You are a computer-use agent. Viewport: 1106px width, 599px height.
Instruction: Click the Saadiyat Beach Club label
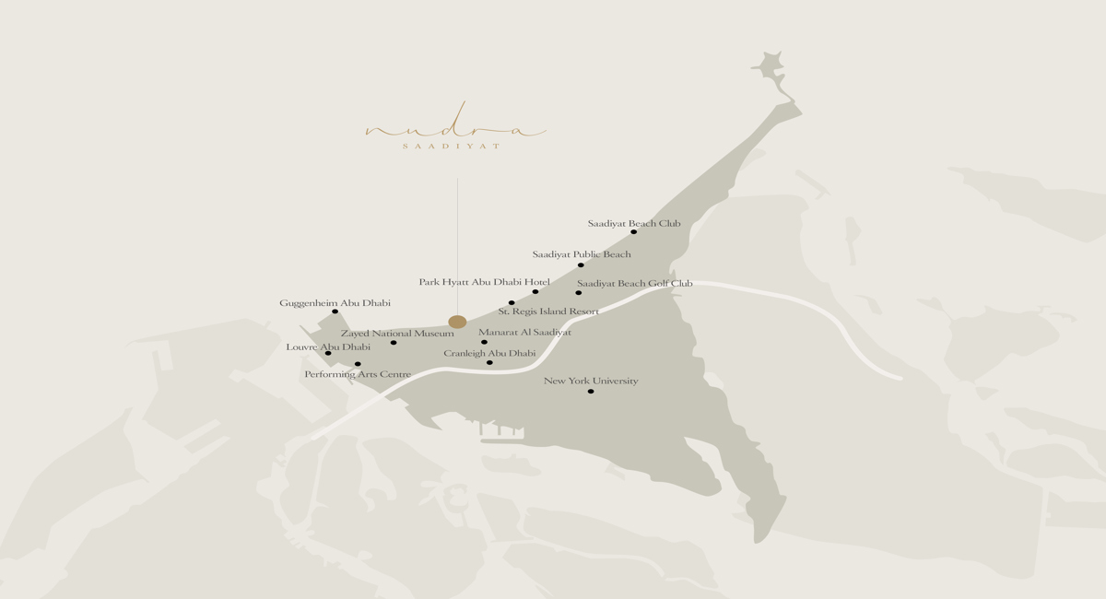(x=634, y=223)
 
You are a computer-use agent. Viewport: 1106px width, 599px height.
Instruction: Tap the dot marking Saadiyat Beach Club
(x=633, y=232)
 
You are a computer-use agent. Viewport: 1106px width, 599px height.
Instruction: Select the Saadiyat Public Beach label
(x=582, y=254)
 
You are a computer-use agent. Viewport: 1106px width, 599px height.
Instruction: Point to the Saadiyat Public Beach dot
(x=581, y=265)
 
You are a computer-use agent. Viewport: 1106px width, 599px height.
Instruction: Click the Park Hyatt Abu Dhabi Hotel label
(x=484, y=282)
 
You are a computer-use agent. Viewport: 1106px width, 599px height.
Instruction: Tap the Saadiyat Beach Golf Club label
(x=634, y=283)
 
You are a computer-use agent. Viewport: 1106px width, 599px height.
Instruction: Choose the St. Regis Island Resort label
(x=548, y=311)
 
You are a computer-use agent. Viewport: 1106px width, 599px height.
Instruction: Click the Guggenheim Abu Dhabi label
(x=335, y=302)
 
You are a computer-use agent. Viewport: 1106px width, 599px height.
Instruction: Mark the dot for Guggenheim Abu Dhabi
(x=335, y=311)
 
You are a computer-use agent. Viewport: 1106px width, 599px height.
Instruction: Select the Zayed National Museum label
(x=397, y=333)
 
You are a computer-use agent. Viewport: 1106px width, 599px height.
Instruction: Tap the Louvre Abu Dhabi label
(x=328, y=347)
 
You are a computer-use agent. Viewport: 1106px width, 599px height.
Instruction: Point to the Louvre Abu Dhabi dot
(x=328, y=353)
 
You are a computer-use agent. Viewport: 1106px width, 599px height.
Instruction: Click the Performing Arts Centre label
(x=358, y=374)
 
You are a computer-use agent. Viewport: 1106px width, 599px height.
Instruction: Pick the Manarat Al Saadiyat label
(x=524, y=332)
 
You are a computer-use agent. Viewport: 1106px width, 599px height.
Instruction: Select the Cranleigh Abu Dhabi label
(x=489, y=353)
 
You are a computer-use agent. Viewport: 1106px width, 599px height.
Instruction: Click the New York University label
(x=591, y=381)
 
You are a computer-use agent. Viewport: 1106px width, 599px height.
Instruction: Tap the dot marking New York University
(x=591, y=392)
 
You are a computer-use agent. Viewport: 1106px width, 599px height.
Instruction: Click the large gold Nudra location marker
(x=457, y=322)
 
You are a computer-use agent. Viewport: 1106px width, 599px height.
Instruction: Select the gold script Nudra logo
(x=456, y=129)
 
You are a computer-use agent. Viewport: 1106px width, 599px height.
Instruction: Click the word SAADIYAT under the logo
(x=452, y=147)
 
